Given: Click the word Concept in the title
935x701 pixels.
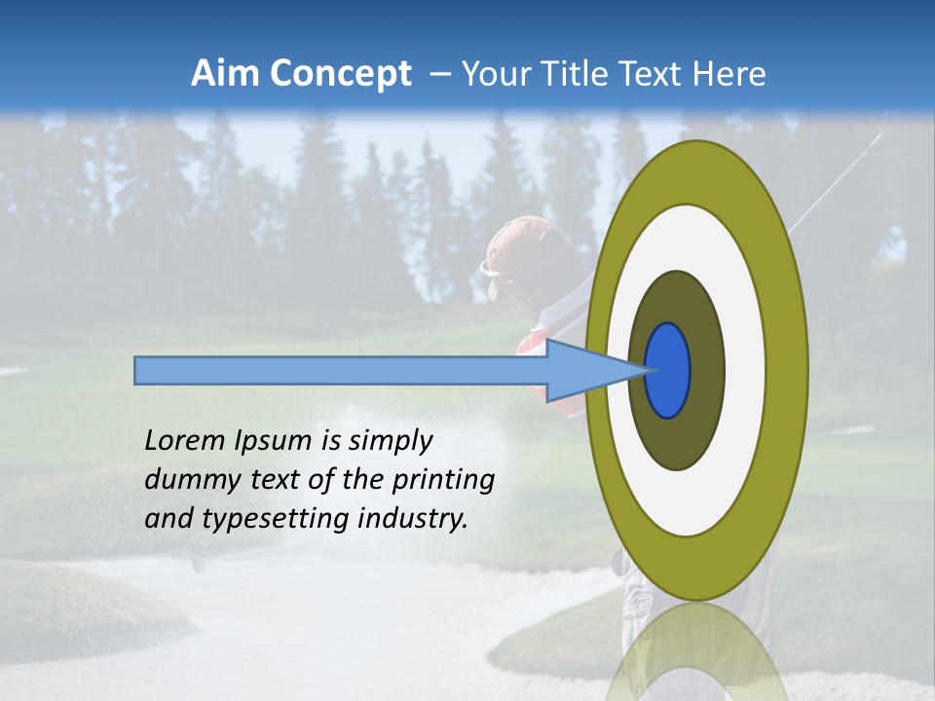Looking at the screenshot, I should tap(341, 74).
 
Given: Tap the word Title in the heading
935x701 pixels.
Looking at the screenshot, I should tap(577, 74).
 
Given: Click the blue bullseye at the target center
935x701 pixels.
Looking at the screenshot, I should tap(668, 370).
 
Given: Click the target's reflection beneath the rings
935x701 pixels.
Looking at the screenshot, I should tap(695, 652).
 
